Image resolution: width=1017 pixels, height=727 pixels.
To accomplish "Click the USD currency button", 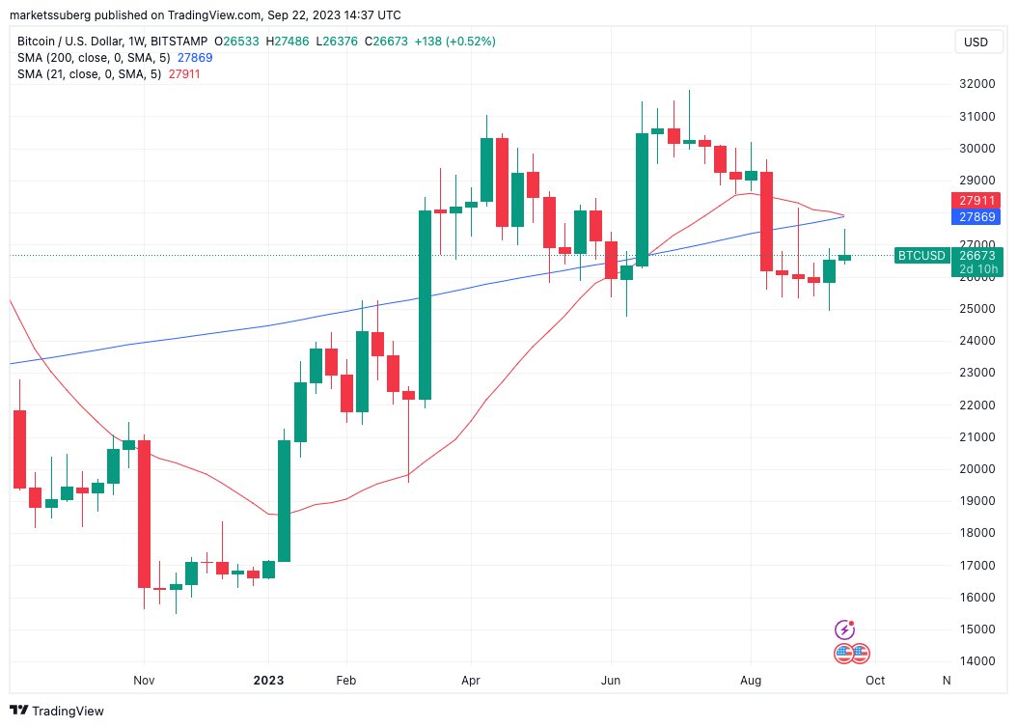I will pyautogui.click(x=976, y=42).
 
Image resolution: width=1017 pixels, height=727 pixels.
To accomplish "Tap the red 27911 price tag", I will pyautogui.click(x=976, y=201).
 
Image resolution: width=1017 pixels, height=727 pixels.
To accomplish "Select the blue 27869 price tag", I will pyautogui.click(x=976, y=217).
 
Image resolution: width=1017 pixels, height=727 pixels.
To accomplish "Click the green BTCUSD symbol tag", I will pyautogui.click(x=921, y=256).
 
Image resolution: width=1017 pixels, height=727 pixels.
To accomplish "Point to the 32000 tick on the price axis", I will pyautogui.click(x=976, y=84).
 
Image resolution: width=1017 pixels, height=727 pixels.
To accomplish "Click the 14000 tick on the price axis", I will pyautogui.click(x=976, y=661).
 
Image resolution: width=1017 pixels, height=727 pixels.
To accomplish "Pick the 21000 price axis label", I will pyautogui.click(x=976, y=437).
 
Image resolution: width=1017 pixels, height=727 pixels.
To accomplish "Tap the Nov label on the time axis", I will pyautogui.click(x=144, y=681).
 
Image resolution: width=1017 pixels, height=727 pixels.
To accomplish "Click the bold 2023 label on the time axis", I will pyautogui.click(x=269, y=681).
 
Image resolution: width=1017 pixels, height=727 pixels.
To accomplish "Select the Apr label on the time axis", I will pyautogui.click(x=471, y=681).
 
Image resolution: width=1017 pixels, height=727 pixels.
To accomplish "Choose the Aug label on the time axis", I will pyautogui.click(x=751, y=681).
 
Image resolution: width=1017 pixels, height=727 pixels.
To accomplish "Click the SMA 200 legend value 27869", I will pyautogui.click(x=196, y=58).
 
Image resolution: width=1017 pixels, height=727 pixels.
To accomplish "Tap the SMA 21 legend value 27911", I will pyautogui.click(x=183, y=73).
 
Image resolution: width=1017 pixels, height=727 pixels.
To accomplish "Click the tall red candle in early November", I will pyautogui.click(x=144, y=514).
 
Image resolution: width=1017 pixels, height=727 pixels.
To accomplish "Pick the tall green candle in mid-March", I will pyautogui.click(x=424, y=304).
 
